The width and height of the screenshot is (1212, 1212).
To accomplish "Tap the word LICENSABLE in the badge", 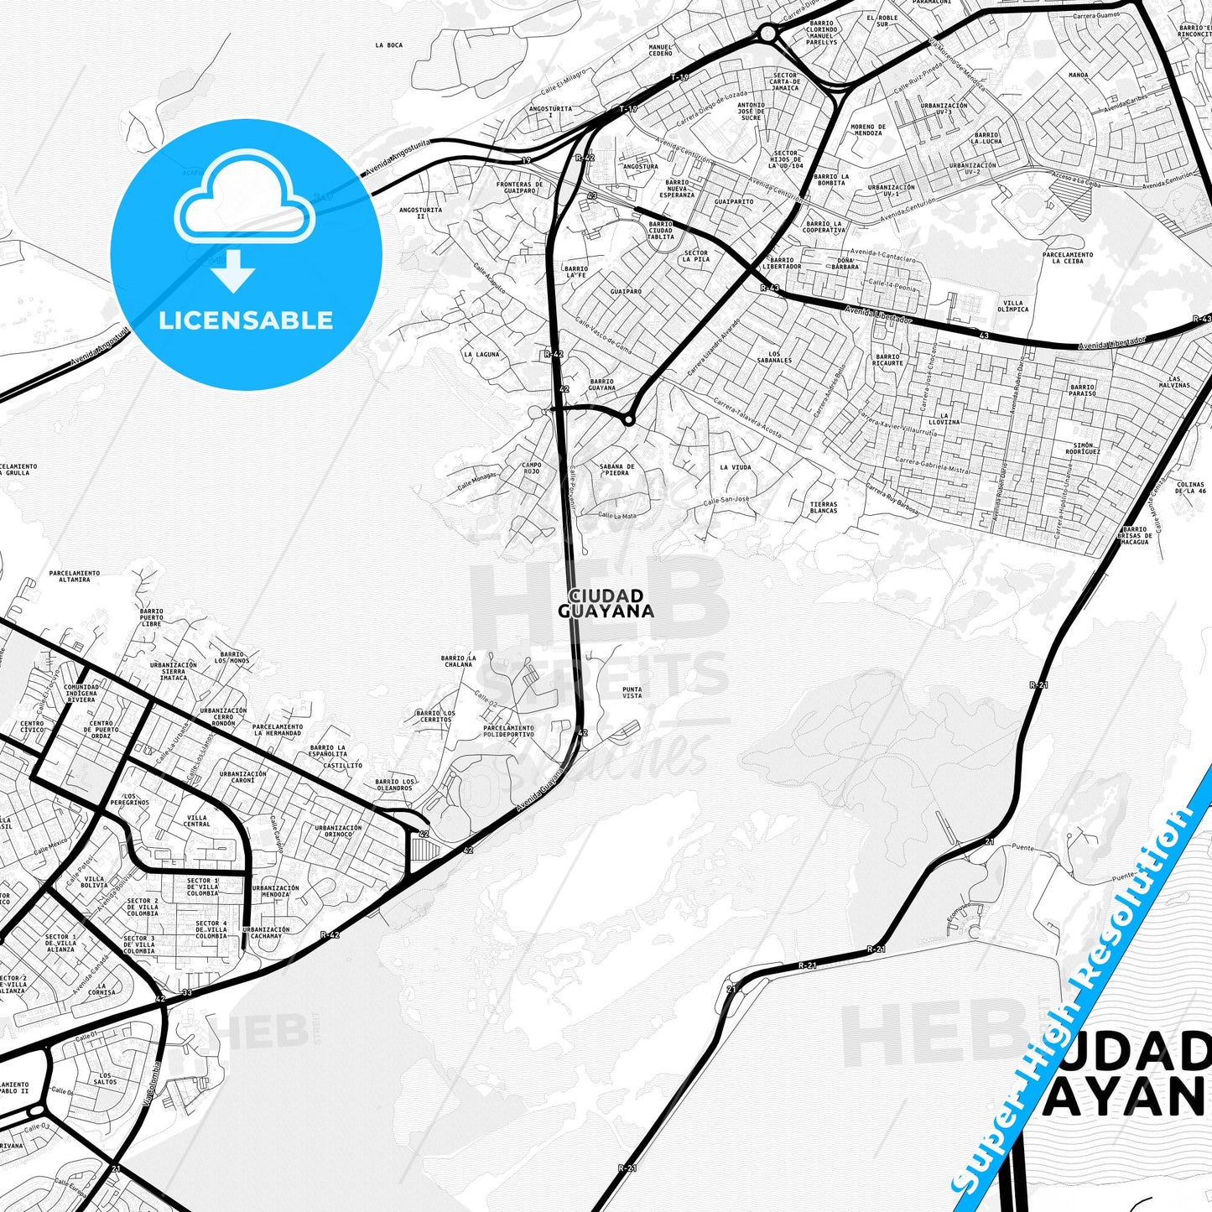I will click(246, 320).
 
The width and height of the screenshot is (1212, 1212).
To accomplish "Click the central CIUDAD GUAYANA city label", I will click(606, 603).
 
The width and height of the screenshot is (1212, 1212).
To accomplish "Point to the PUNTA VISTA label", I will click(632, 692).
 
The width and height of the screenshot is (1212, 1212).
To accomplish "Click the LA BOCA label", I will click(389, 45).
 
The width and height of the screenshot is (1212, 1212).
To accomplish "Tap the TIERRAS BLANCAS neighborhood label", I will click(824, 507).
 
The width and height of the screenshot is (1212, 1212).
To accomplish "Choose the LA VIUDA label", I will click(736, 467).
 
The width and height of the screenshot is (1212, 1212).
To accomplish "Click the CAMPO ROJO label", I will click(531, 468).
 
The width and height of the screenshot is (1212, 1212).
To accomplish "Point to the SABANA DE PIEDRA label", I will click(616, 469).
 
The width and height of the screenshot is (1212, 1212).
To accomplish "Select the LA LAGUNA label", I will click(481, 354).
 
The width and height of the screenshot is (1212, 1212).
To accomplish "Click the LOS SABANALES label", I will click(774, 357).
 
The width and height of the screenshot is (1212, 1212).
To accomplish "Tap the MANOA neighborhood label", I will click(1079, 75).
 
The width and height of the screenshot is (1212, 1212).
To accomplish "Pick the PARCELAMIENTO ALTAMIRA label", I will click(74, 576).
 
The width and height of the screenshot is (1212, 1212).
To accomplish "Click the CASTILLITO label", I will click(343, 765).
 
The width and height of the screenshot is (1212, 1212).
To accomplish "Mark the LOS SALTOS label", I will click(107, 1078).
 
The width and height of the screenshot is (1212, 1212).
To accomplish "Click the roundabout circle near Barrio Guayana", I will click(627, 420).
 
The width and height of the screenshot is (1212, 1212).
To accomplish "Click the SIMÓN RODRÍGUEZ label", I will click(1083, 448).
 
